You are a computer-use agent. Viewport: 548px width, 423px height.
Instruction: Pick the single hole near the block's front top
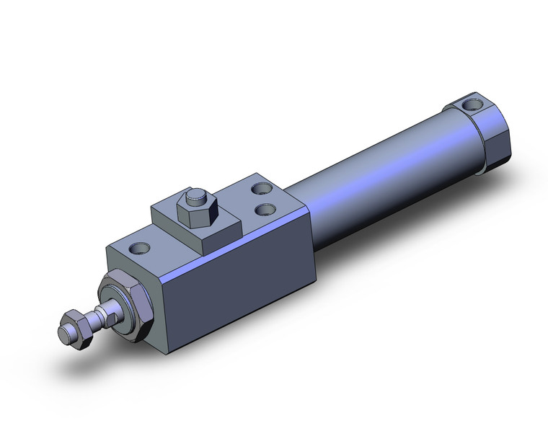click(139, 248)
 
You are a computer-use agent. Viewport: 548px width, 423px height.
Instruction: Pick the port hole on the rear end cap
click(474, 106)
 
